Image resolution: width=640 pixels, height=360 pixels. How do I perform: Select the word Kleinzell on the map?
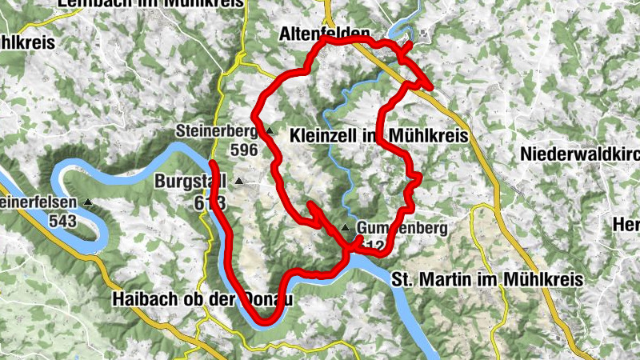tap(318, 136)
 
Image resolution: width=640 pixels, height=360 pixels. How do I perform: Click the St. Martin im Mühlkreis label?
tap(487, 279)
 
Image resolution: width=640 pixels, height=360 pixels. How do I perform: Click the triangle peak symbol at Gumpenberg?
tap(345, 228)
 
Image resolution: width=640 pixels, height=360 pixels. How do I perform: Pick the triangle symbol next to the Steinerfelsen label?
tap(86, 202)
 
